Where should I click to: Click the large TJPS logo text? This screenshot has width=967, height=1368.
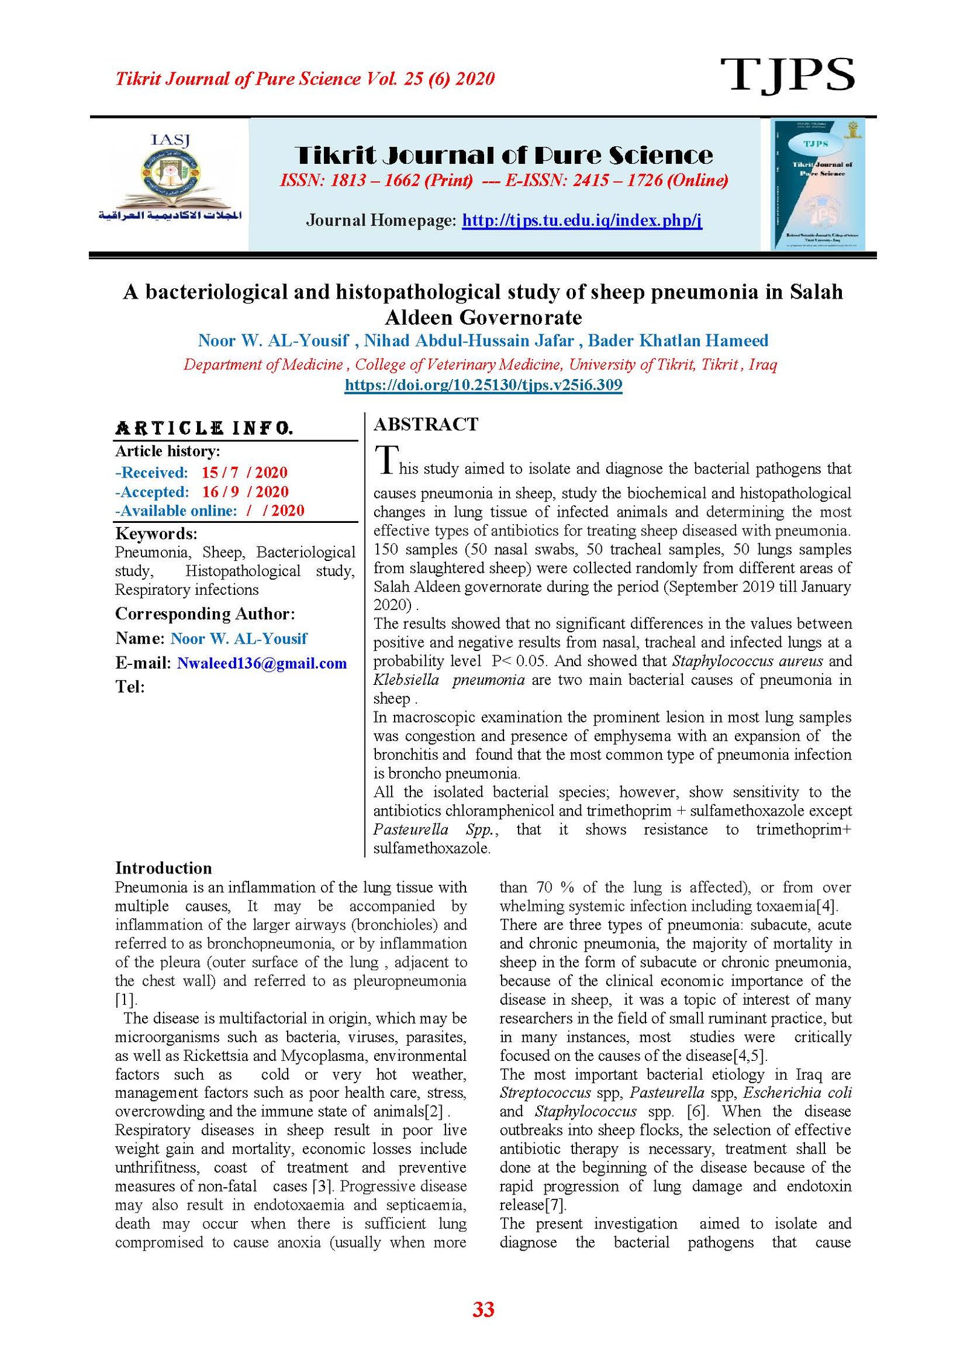[x=787, y=75]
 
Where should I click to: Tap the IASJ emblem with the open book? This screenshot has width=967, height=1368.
[x=170, y=178]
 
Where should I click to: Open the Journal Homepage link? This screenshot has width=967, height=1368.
[x=581, y=220]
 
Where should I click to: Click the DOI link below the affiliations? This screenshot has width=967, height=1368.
[x=483, y=385]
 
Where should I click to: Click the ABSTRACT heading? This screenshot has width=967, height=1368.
[x=425, y=424]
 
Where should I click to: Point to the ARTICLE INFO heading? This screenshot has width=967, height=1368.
[x=204, y=429]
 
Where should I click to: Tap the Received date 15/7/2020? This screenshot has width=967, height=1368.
[x=244, y=473]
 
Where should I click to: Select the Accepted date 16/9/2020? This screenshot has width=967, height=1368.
[x=245, y=492]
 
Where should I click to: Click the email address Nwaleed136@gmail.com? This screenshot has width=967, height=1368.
[x=262, y=663]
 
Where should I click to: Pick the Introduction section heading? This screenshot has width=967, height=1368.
[x=163, y=868]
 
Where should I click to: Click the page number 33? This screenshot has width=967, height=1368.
[x=483, y=1309]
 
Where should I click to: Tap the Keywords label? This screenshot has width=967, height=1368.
[x=156, y=534]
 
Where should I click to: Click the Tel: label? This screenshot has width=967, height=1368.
[x=130, y=687]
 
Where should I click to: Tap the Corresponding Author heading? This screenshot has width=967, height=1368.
[x=205, y=614]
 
